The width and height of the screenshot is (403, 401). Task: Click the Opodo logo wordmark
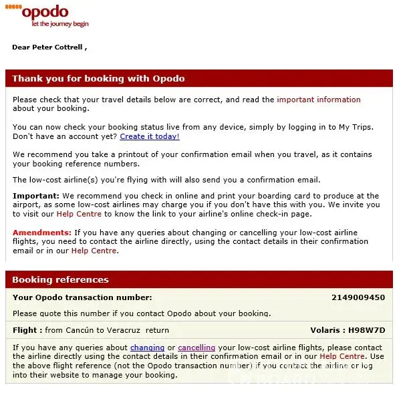pyautogui.click(x=45, y=12)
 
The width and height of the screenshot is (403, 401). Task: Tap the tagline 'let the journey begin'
pyautogui.click(x=59, y=24)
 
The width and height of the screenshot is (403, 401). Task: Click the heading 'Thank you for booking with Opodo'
pyautogui.click(x=98, y=79)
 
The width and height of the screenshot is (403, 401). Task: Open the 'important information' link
pyautogui.click(x=319, y=100)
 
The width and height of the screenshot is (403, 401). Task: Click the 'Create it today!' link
pyautogui.click(x=150, y=136)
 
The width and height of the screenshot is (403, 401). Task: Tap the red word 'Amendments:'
pyautogui.click(x=42, y=233)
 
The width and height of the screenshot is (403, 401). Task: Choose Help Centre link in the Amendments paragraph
pyautogui.click(x=94, y=251)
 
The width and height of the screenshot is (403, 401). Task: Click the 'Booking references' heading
pyautogui.click(x=60, y=279)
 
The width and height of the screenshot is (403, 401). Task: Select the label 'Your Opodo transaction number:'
pyautogui.click(x=82, y=297)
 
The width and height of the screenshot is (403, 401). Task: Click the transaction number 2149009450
pyautogui.click(x=358, y=297)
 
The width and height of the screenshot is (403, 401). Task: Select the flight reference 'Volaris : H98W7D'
pyautogui.click(x=348, y=330)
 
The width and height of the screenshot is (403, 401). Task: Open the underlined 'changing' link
pyautogui.click(x=147, y=348)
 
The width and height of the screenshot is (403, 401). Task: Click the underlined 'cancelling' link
pyautogui.click(x=196, y=348)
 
